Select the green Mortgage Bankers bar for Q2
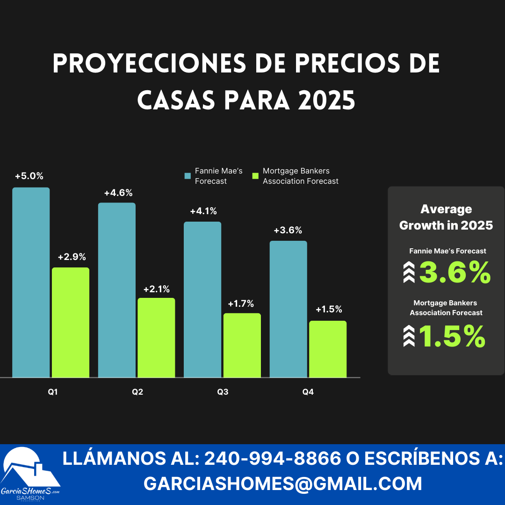point(156,337)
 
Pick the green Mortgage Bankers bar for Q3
point(242,345)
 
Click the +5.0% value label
point(29,176)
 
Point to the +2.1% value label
point(156,289)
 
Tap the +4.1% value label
point(203,211)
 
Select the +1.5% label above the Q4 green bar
point(329,310)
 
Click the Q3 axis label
point(223,392)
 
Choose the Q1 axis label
point(53,392)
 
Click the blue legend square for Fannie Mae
point(188,176)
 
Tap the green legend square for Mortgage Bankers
point(255,176)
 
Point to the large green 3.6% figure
point(454,273)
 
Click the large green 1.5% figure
point(452,337)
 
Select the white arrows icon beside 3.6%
point(409,273)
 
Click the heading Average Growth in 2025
point(446,217)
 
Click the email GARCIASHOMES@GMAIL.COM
point(282,483)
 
